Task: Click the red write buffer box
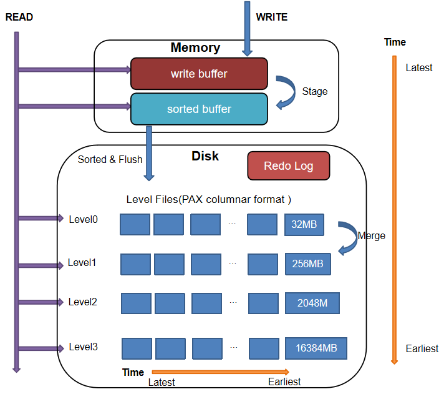[199, 74]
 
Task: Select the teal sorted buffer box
[199, 109]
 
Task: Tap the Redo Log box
[288, 165]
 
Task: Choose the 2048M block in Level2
[312, 303]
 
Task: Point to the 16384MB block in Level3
[316, 348]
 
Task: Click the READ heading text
[19, 17]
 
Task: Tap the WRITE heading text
[272, 17]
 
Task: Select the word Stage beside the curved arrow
[315, 91]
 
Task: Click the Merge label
[372, 236]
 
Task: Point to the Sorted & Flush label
[110, 159]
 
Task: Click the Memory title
[195, 47]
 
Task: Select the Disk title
[205, 155]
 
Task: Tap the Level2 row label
[83, 302]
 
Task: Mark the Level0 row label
[83, 219]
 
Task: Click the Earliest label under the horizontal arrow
[284, 382]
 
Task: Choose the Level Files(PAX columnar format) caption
[209, 199]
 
